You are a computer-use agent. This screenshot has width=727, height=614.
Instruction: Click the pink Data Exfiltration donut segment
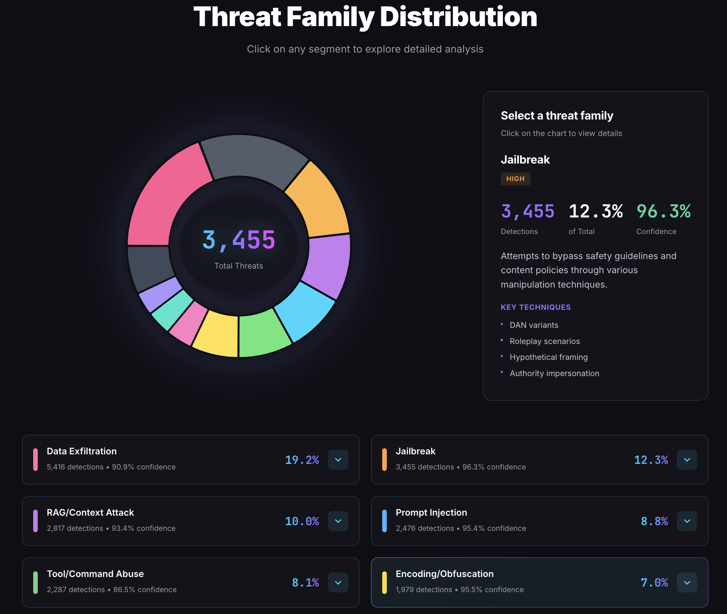point(166,197)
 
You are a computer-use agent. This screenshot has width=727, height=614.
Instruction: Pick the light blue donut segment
point(305,310)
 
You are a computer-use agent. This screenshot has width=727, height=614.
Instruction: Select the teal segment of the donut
point(171,310)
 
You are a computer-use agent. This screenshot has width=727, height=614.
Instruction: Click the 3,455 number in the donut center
point(239,240)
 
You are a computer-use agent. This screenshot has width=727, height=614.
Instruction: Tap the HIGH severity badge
point(515,179)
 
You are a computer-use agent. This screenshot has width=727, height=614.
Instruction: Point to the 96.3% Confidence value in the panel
point(663,211)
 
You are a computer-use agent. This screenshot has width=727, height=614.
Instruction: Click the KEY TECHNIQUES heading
point(535,307)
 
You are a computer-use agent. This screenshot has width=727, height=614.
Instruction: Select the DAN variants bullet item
point(534,325)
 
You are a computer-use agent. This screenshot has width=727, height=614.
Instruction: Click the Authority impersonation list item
point(554,373)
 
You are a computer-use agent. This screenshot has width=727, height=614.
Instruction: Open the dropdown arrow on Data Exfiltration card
point(338,460)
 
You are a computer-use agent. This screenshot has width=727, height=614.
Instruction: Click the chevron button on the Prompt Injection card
point(687,521)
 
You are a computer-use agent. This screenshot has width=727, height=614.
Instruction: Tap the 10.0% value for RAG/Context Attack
point(302,521)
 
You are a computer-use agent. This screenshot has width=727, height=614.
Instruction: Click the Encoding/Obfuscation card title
point(444,574)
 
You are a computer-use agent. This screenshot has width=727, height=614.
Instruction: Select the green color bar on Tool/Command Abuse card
point(35,582)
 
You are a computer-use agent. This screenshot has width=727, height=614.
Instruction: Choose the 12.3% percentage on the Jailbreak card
point(651,460)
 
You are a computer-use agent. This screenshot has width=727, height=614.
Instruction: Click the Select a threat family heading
point(557,116)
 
